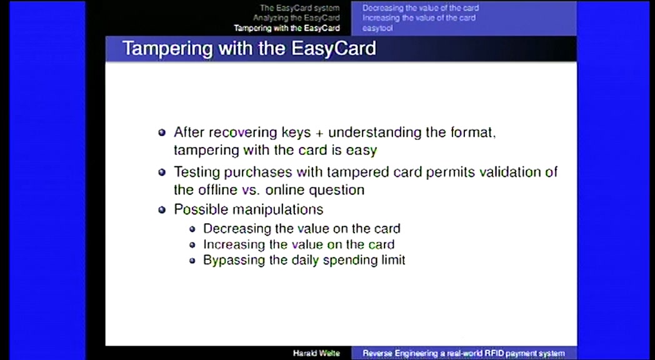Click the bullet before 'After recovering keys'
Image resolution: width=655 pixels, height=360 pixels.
[x=162, y=132]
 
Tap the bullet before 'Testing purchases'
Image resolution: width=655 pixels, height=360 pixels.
[x=162, y=172]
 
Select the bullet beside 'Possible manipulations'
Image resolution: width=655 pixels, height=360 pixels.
[x=162, y=209]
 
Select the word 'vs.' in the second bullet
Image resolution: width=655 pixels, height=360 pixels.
[x=251, y=191]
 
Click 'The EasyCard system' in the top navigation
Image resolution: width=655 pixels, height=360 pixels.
[x=299, y=8]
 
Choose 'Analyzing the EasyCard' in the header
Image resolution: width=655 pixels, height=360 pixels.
[x=296, y=18]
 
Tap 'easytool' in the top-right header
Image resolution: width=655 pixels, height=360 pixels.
[x=377, y=28]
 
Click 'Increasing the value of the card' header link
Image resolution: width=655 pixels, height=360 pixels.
[x=419, y=18]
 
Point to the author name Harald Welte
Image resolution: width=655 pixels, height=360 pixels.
[x=316, y=353]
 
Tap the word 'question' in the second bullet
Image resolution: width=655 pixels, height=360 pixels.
[x=336, y=191]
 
